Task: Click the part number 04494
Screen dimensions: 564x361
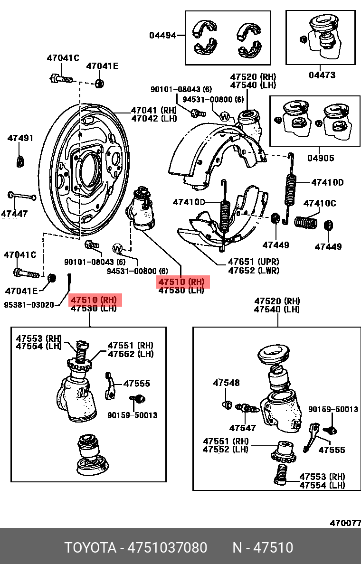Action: coord(162,35)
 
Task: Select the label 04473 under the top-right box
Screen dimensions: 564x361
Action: coord(322,75)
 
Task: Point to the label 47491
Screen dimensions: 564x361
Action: coord(20,138)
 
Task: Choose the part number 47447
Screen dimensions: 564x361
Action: coord(14,214)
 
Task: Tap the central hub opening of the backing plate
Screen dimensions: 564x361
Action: coord(89,169)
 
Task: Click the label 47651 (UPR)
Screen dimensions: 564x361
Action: coord(253,262)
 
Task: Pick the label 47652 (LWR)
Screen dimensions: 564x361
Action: coord(253,270)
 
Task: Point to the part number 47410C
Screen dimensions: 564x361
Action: coord(319,204)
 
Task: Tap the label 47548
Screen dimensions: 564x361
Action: coord(226,383)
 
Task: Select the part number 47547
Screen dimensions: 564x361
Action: coord(242,428)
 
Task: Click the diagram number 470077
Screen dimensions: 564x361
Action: coord(345,523)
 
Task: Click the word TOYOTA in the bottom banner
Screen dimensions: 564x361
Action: coord(91,548)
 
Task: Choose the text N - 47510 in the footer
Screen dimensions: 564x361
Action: coord(262,548)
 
